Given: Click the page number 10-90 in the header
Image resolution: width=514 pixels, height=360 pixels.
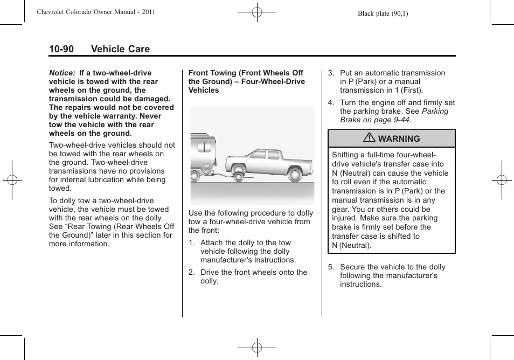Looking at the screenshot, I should [61, 49].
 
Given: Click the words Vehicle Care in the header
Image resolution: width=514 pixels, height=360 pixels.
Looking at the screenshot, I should [120, 49].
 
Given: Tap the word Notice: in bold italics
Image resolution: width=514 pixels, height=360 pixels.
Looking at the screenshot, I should [62, 73].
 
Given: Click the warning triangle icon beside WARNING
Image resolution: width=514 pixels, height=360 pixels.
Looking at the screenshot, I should [370, 139].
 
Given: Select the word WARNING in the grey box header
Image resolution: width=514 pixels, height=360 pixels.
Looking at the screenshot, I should [399, 139].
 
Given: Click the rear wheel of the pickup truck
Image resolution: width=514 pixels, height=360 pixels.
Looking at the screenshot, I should [294, 174].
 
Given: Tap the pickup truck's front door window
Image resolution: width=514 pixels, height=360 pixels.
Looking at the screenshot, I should [257, 155].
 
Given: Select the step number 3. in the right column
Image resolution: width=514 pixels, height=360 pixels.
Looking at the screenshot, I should [331, 73].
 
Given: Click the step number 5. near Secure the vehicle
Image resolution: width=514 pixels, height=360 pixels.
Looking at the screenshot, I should [331, 267].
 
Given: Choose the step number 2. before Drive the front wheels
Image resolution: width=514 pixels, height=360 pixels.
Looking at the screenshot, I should [192, 273].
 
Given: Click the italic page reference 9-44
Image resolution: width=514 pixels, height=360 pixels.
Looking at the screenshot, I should [399, 120].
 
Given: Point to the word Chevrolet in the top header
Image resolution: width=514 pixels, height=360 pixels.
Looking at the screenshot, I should [53, 12].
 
